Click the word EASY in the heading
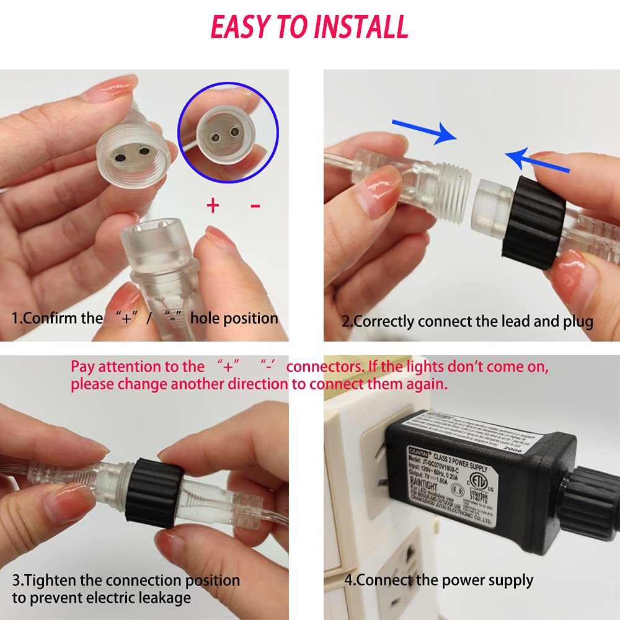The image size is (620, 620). (241, 27)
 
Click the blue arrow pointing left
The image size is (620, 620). (537, 161)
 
